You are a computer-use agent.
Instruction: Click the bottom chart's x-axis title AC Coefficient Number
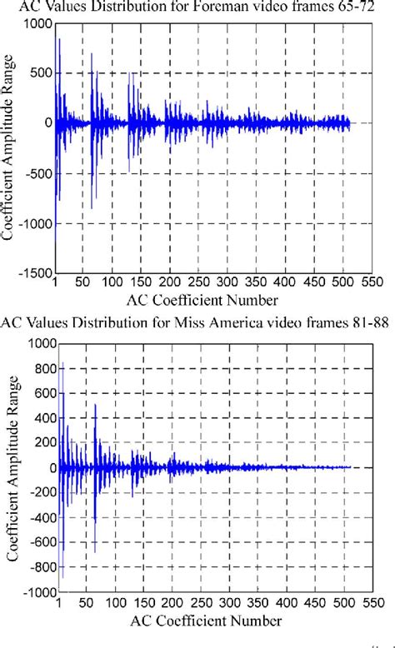209,620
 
